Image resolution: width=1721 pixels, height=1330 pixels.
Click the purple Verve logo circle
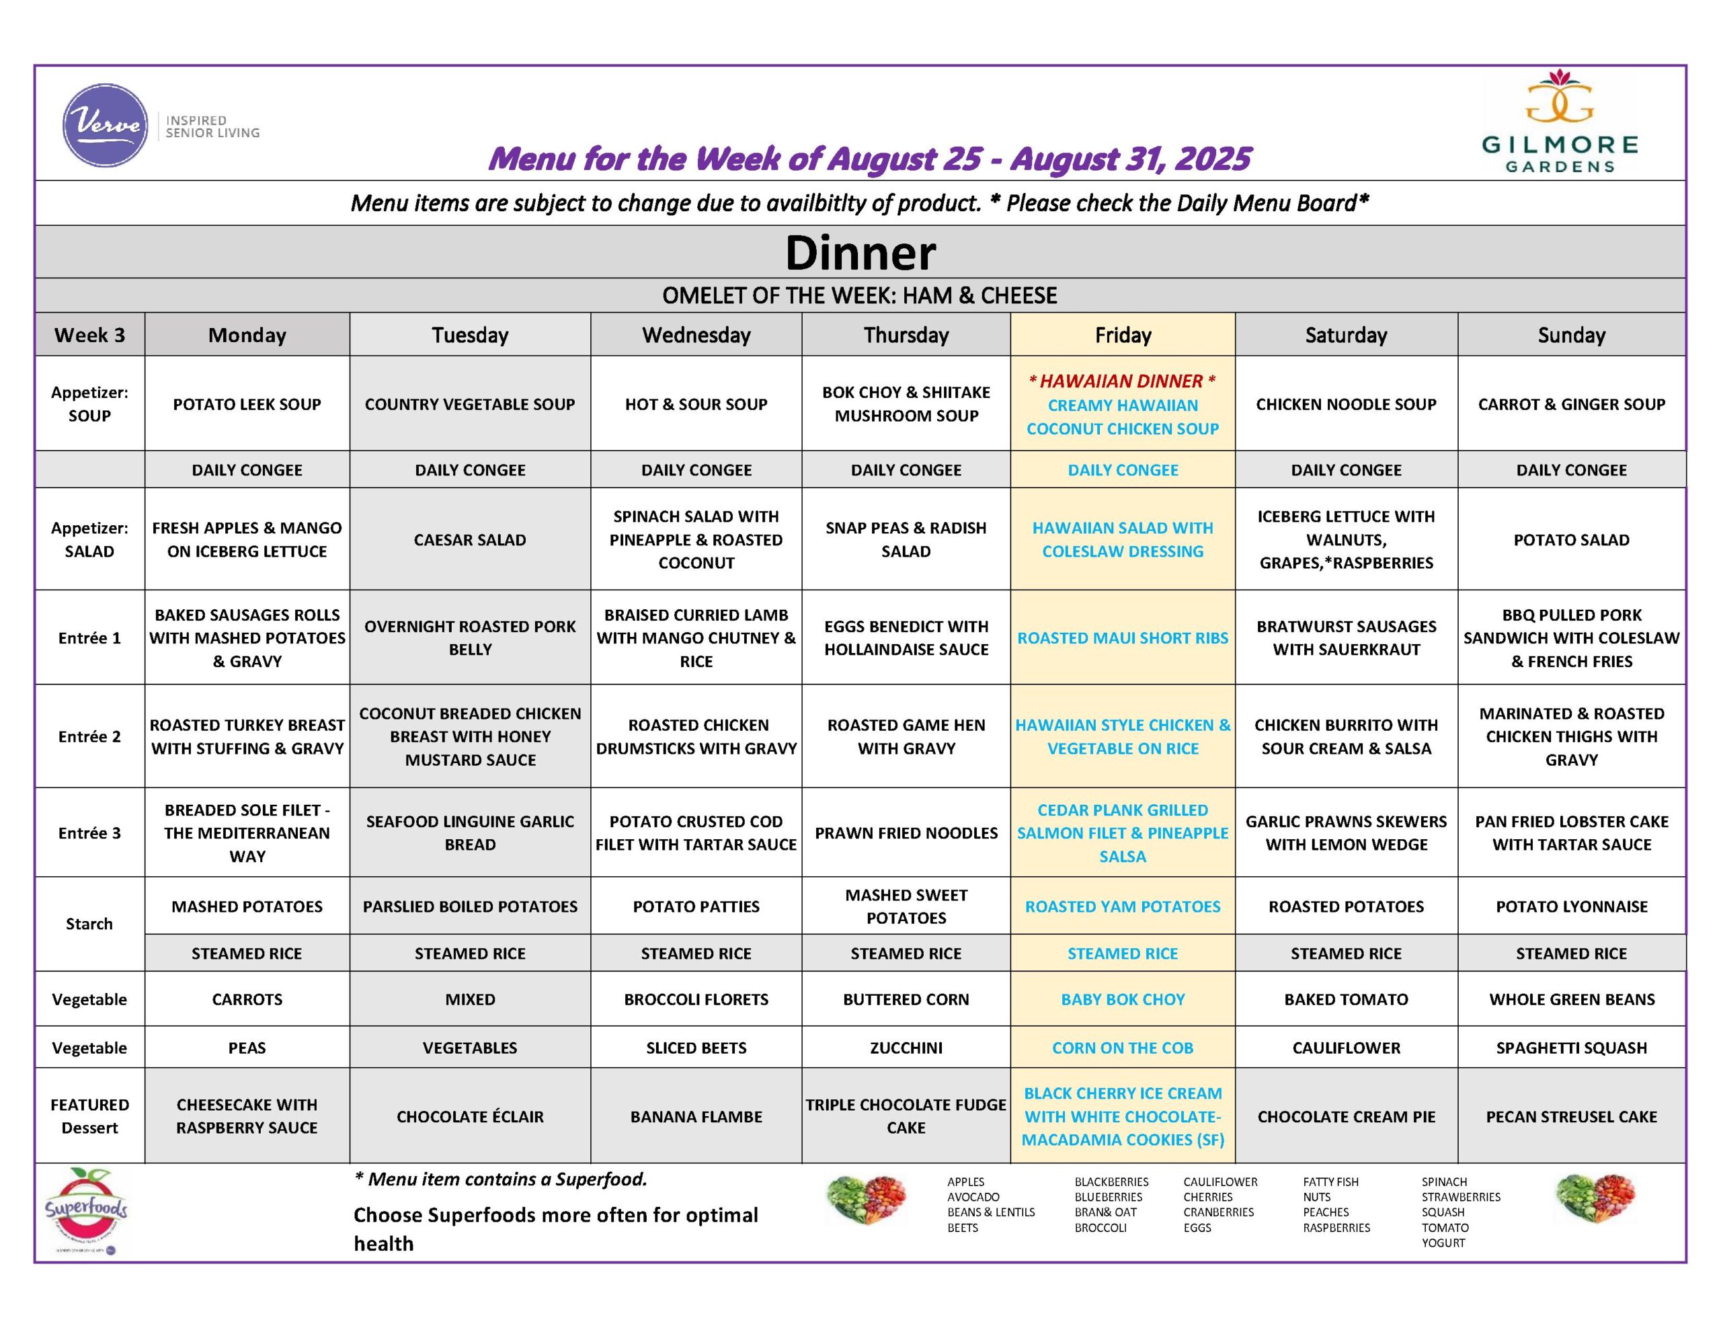105,125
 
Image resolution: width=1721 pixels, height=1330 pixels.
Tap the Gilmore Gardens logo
1560,122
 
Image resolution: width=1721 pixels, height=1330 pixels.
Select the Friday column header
1122,335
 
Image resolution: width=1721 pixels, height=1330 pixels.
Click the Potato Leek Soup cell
247,404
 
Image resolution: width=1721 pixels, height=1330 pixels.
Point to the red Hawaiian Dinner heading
1122,381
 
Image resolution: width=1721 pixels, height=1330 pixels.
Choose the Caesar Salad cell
470,540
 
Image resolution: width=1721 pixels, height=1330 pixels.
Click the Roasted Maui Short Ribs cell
1122,638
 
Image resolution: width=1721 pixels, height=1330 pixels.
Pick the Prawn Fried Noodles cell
906,832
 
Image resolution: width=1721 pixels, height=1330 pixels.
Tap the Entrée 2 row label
89,736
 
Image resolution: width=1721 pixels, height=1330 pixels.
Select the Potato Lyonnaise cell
1571,906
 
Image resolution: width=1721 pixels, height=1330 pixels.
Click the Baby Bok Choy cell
1122,999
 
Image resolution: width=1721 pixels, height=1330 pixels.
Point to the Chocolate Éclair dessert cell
470,1116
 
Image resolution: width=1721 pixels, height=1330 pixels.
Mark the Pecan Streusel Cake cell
1571,1116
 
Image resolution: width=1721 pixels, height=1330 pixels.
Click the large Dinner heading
860,253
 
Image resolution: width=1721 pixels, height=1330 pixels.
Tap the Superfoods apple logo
86,1208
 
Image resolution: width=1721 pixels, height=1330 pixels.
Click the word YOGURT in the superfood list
1443,1243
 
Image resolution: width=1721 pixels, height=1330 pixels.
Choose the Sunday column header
1571,335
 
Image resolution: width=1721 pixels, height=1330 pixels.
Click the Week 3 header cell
89,335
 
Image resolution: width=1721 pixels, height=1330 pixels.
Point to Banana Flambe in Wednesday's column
696,1116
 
